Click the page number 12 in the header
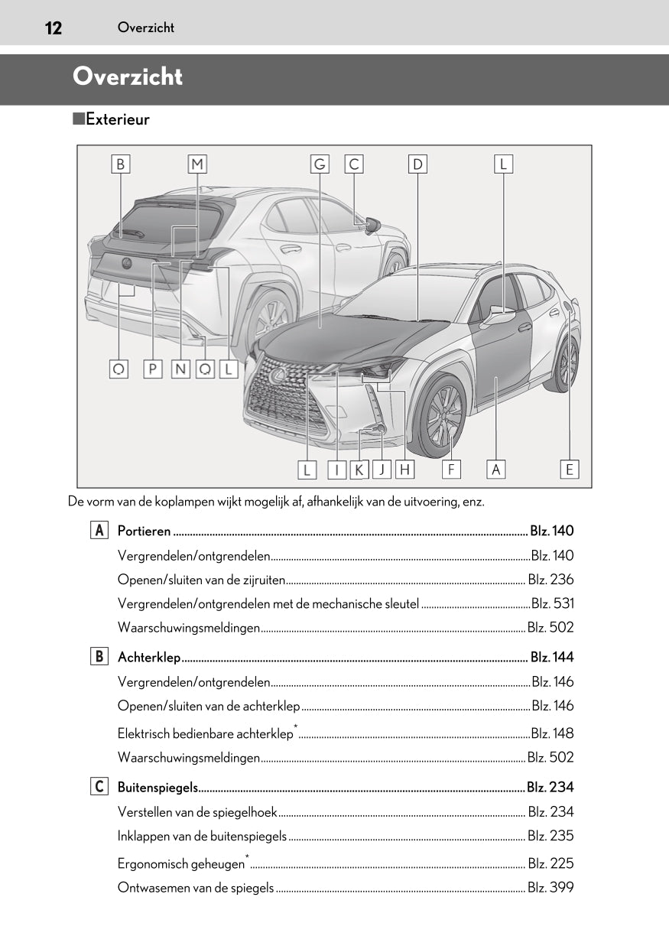coord(53,28)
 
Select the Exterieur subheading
coord(117,119)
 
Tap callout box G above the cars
coord(320,164)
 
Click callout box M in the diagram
coord(197,164)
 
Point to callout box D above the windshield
coord(417,164)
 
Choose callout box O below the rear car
coord(119,369)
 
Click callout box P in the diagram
coord(153,369)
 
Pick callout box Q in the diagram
coord(205,369)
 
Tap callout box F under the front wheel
coord(451,469)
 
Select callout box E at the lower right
coord(569,469)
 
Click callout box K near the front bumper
coord(358,469)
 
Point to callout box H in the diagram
coord(404,469)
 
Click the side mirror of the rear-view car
coord(372,225)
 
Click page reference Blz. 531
coord(552,603)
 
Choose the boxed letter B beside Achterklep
coord(99,657)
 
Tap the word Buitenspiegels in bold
coord(158,788)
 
